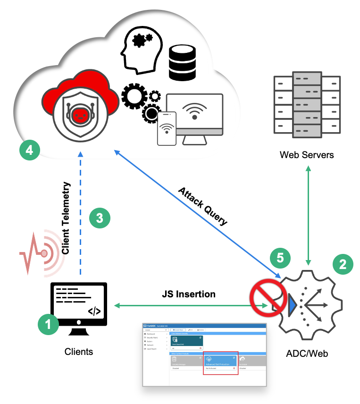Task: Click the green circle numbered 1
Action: (49, 325)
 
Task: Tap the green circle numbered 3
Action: (100, 218)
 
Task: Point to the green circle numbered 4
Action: (29, 151)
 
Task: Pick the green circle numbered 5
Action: (280, 258)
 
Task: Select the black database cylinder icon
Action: (182, 63)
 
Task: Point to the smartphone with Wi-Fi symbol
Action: (167, 128)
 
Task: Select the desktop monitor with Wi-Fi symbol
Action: (194, 116)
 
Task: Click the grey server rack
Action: (307, 104)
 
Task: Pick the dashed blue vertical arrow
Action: (81, 212)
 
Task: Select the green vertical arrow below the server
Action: (309, 215)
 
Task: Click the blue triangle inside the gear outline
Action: (293, 305)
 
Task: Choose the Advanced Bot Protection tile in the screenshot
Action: (221, 362)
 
